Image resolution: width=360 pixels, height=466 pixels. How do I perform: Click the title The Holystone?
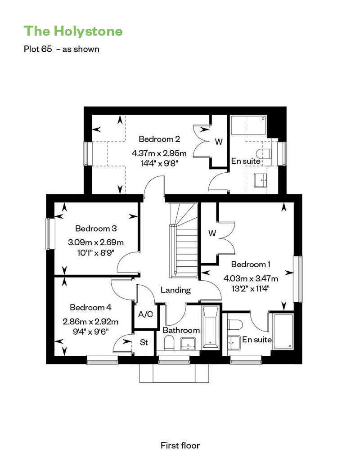tap(73, 31)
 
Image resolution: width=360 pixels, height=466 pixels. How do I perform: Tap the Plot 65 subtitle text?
tap(62, 49)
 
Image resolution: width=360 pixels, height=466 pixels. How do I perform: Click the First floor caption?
tap(180, 445)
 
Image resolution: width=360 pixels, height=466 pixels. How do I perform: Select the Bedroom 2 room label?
tap(159, 139)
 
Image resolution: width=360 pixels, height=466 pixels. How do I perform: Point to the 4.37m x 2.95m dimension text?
tap(159, 153)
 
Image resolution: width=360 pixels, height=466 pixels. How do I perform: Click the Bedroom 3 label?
tap(96, 228)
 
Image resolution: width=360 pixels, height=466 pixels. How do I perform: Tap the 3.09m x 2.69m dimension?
tap(96, 242)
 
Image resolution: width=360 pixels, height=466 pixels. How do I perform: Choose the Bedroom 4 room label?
tap(90, 307)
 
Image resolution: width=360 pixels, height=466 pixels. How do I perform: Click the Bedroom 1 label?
tap(251, 264)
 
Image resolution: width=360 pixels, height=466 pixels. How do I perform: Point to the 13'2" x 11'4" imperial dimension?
tap(251, 288)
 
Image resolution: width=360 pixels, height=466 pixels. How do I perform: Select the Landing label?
tap(175, 290)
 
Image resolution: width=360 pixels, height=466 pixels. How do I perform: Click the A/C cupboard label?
tap(145, 314)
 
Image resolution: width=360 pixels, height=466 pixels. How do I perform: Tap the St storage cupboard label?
tap(144, 342)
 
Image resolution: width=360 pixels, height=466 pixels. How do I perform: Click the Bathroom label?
tap(181, 330)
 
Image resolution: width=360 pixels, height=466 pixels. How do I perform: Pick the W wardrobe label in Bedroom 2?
tap(219, 142)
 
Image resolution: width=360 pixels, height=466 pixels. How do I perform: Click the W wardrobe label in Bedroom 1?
tap(212, 233)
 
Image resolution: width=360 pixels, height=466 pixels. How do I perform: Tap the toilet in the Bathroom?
tap(169, 342)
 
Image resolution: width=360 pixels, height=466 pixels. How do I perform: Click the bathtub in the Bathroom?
tap(211, 327)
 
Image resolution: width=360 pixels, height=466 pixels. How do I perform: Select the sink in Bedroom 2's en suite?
tap(261, 180)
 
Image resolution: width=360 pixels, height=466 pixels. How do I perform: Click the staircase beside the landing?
tap(184, 240)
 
